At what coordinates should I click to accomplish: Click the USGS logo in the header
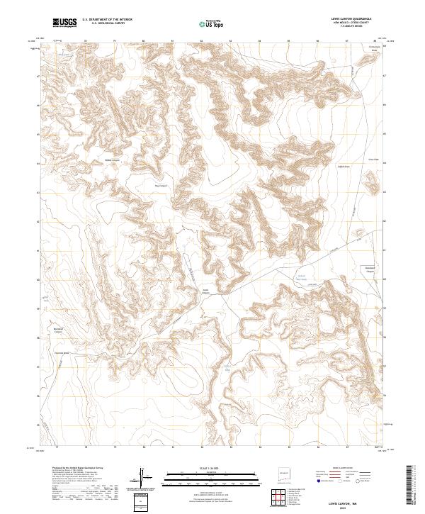(64, 23)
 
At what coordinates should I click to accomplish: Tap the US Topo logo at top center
(212, 23)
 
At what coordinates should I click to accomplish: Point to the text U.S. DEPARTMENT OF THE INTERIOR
(107, 20)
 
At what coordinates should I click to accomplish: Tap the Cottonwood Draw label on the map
(375, 50)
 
